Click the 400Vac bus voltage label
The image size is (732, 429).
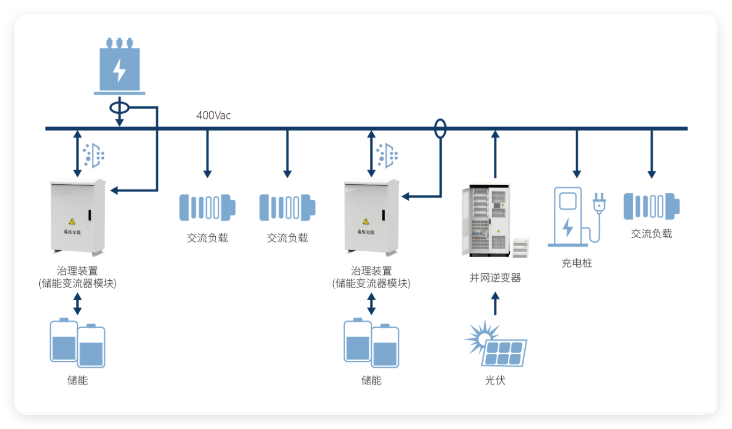tap(214, 115)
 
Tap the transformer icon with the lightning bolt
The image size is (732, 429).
tap(119, 67)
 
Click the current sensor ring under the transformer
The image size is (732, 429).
tap(119, 107)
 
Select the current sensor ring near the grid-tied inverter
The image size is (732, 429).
tap(440, 128)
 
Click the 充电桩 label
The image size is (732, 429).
tap(577, 263)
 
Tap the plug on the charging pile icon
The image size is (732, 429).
tap(598, 204)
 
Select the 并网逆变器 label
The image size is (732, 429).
tap(495, 278)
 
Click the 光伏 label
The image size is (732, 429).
tap(495, 381)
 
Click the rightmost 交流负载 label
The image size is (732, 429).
tap(652, 234)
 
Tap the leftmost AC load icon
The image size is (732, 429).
tap(207, 207)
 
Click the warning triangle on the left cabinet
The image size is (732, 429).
tap(71, 221)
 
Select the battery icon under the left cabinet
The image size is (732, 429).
tap(77, 344)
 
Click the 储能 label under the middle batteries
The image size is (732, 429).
tap(371, 381)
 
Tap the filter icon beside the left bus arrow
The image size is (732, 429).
tap(94, 154)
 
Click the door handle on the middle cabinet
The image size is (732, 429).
tap(384, 215)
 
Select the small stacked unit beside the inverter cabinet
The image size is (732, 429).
tap(521, 248)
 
